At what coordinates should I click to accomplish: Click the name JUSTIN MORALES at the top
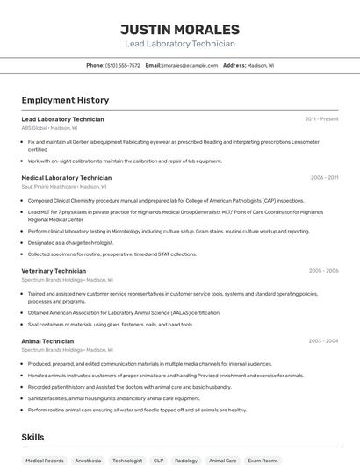180,29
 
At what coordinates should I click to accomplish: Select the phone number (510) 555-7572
122,65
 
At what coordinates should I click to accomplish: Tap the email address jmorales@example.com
189,65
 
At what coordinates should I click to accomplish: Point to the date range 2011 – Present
321,118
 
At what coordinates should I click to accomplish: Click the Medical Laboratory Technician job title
66,177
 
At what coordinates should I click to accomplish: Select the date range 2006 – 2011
324,177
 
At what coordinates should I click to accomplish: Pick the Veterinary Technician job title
54,271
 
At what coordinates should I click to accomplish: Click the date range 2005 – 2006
323,271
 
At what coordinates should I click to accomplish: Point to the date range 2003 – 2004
323,340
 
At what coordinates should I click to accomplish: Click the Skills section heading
33,436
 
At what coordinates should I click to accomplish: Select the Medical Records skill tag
45,460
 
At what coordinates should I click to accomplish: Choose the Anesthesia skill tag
88,460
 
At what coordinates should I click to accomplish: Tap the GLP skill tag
158,460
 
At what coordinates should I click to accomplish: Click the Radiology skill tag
186,460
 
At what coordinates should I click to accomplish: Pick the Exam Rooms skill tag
263,460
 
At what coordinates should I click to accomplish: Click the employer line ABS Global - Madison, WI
50,127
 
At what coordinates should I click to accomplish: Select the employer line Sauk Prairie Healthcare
63,186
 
